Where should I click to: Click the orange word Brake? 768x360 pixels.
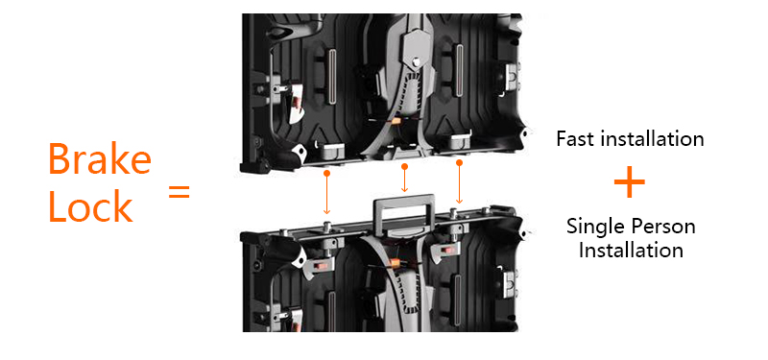pyautogui.click(x=100, y=158)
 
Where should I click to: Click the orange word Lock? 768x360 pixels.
pyautogui.click(x=90, y=206)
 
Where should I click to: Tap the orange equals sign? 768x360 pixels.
pyautogui.click(x=179, y=192)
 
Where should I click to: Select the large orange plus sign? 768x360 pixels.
pyautogui.click(x=630, y=182)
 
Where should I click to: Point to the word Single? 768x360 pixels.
pyautogui.click(x=594, y=228)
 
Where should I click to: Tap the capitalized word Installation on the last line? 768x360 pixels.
pyautogui.click(x=631, y=251)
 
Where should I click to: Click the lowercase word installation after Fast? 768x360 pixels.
pyautogui.click(x=653, y=138)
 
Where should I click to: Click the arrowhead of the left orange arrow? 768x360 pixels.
pyautogui.click(x=326, y=211)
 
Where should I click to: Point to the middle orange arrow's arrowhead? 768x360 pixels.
pyautogui.click(x=404, y=189)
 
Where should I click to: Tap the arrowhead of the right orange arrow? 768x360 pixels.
pyautogui.click(x=460, y=201)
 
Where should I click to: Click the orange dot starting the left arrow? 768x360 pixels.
pyautogui.click(x=326, y=173)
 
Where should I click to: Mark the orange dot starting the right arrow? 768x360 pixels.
pyautogui.click(x=460, y=162)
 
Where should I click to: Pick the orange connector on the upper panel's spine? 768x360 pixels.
pyautogui.click(x=396, y=121)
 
